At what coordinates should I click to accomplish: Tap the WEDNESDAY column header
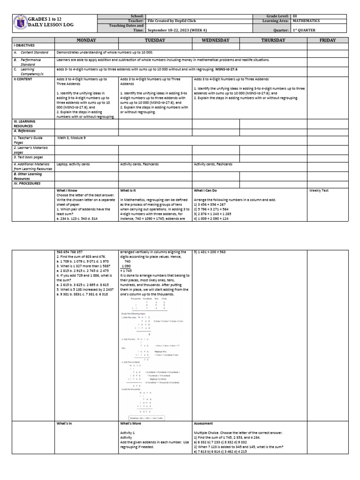coord(216,41)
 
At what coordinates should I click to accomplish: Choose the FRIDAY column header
coord(328,41)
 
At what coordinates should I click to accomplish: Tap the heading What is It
coord(129,191)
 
